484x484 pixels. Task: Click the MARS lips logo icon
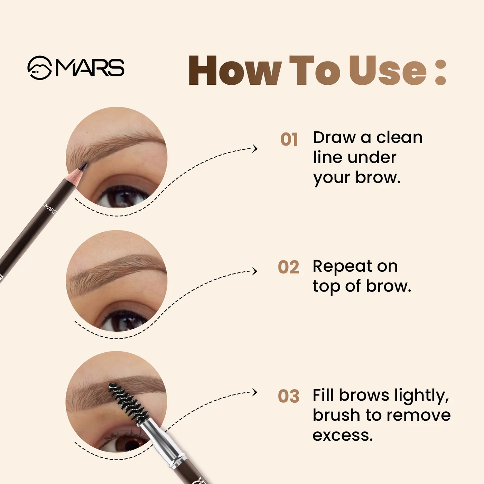[39, 68]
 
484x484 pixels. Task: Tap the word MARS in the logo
[90, 67]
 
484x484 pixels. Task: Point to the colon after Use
[440, 72]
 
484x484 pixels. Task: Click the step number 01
[289, 140]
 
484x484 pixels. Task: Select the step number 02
[288, 267]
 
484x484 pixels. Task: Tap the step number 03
[288, 396]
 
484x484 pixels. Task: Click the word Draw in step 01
[334, 138]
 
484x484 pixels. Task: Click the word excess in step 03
[342, 435]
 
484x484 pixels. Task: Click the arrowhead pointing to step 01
[255, 149]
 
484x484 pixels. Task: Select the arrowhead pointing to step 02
[255, 271]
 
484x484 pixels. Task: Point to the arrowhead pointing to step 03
[255, 392]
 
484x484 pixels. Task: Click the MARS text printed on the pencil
[49, 208]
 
